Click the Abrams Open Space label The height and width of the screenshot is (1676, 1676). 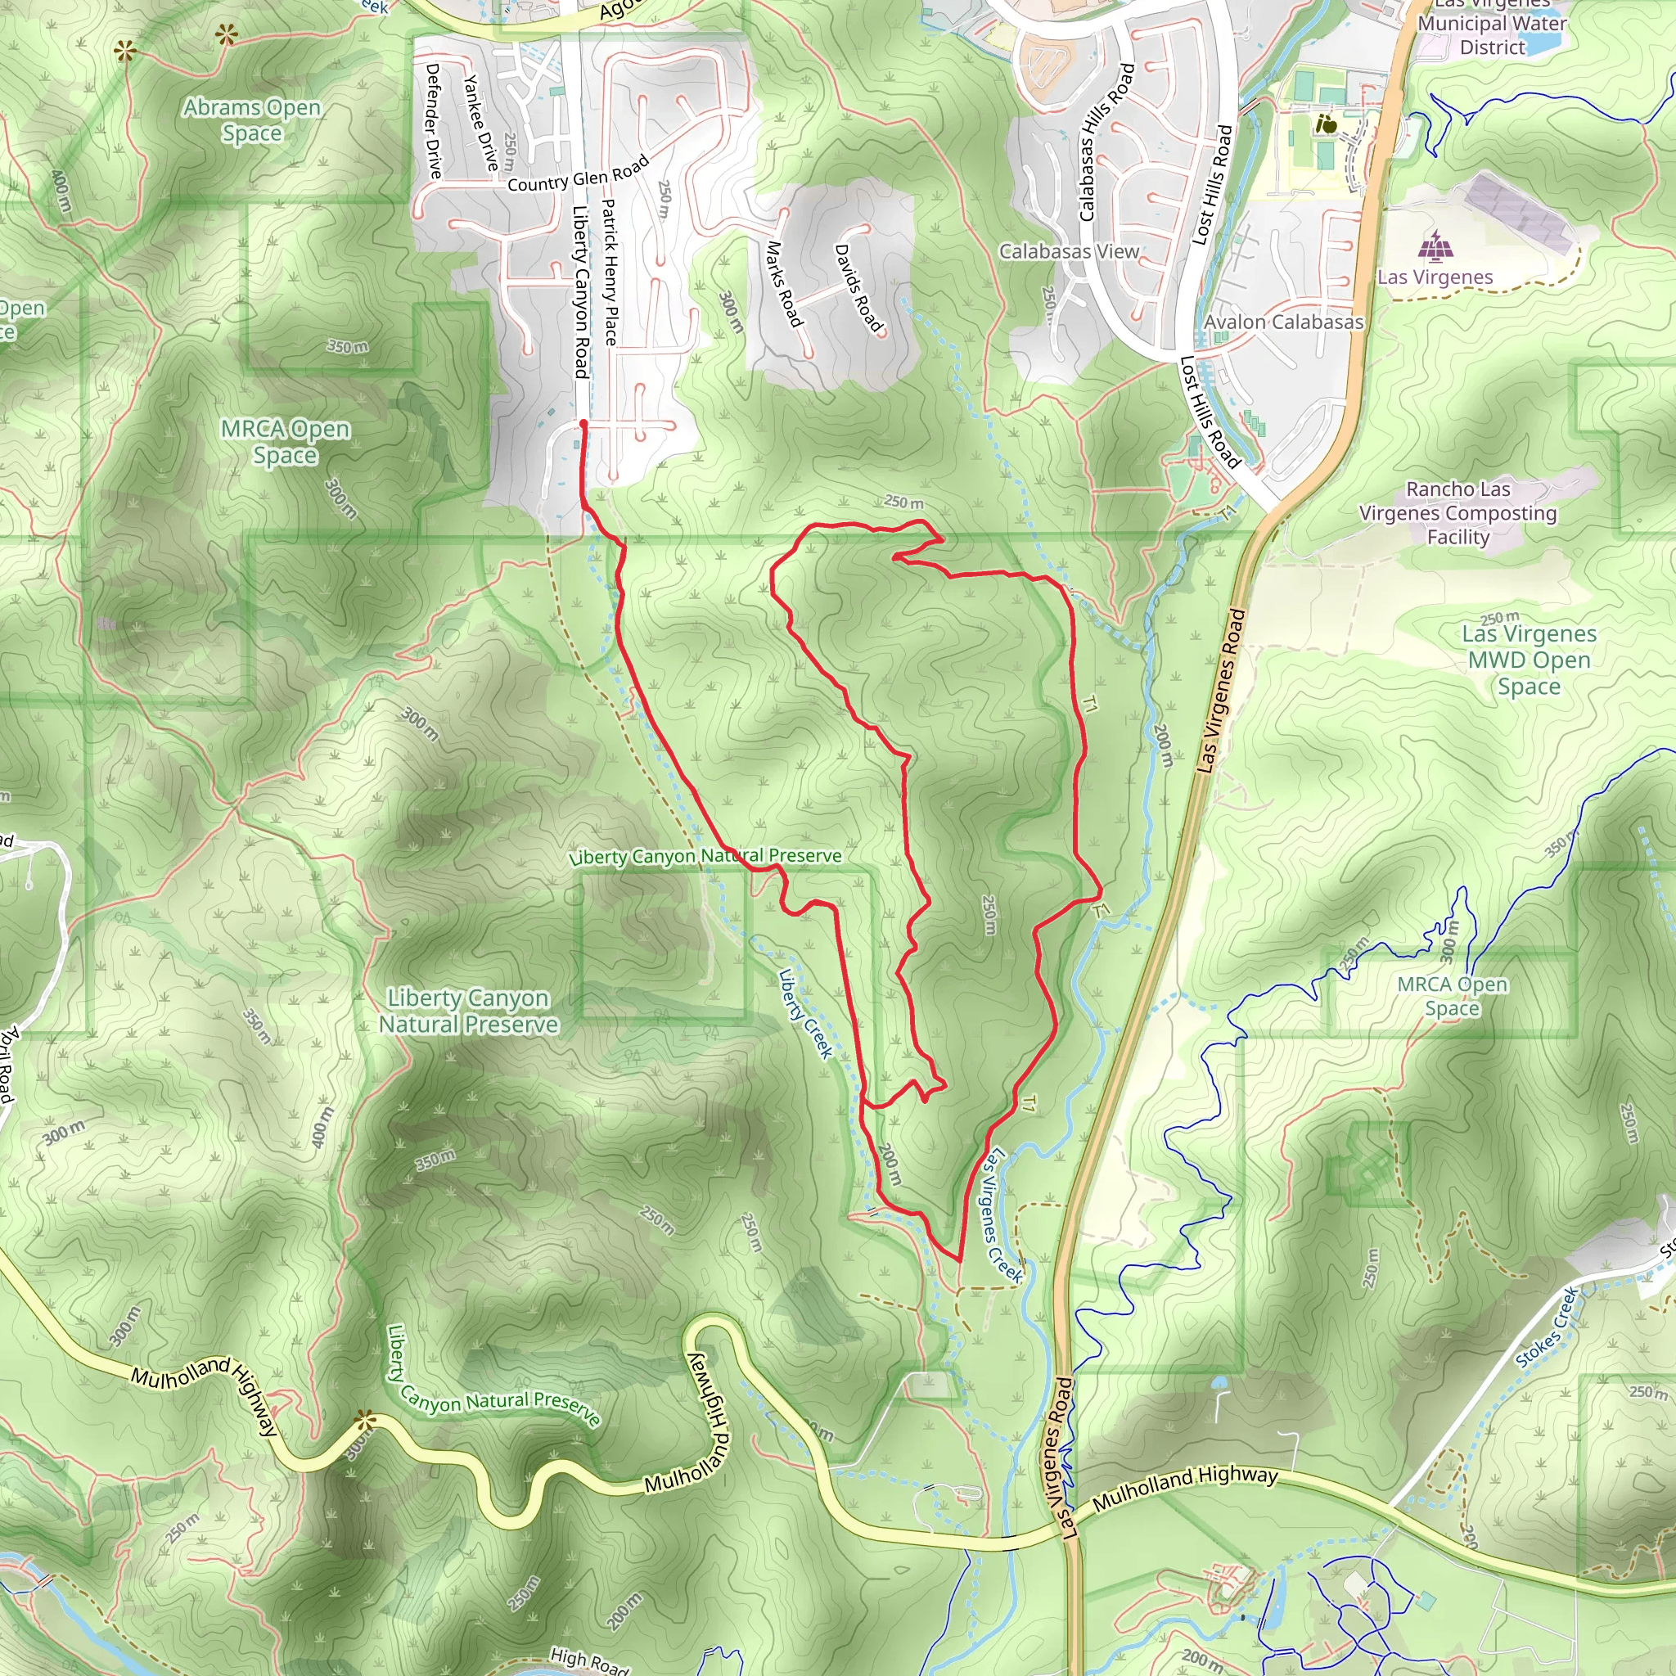coord(251,119)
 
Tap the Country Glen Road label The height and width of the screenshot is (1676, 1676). coord(578,174)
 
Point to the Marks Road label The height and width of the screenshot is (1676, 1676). coord(783,284)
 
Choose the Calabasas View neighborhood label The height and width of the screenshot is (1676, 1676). coord(1069,251)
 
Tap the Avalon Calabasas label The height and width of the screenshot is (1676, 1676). coord(1283,322)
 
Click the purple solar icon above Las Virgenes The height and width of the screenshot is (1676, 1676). coord(1435,246)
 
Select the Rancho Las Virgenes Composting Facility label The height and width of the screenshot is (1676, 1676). coord(1457,512)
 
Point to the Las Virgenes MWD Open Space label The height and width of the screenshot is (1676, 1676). coord(1529,660)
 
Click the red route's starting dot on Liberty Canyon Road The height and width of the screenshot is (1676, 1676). coord(583,424)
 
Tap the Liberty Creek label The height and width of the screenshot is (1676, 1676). coord(805,1013)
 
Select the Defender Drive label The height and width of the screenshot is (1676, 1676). coord(433,120)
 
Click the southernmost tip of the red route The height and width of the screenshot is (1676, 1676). coord(959,1259)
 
